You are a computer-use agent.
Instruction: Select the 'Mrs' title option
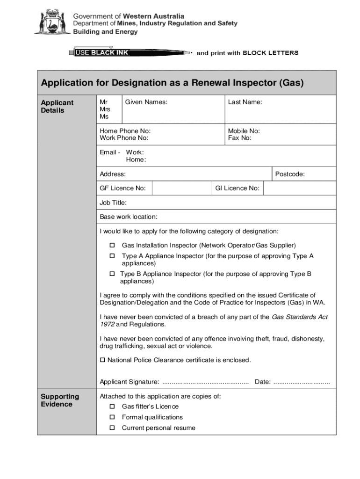point(105,109)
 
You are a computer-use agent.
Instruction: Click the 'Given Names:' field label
point(146,102)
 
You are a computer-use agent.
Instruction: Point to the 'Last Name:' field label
point(245,102)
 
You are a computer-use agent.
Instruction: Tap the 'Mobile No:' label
point(244,131)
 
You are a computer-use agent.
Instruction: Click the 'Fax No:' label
point(240,138)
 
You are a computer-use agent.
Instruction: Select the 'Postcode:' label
point(290,174)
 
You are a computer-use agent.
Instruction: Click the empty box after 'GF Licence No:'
point(181,188)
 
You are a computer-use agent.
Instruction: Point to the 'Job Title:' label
point(113,203)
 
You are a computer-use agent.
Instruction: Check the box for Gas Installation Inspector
point(112,245)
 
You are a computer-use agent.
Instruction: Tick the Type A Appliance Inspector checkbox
point(112,256)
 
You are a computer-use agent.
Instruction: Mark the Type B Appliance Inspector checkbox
point(112,274)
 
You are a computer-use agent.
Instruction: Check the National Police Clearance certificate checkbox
point(103,360)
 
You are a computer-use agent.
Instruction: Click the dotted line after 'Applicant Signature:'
point(205,383)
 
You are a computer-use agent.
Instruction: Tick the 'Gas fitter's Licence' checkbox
point(112,406)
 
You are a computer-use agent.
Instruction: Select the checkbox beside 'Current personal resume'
point(112,428)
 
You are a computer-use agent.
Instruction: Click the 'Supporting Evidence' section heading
point(60,400)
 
